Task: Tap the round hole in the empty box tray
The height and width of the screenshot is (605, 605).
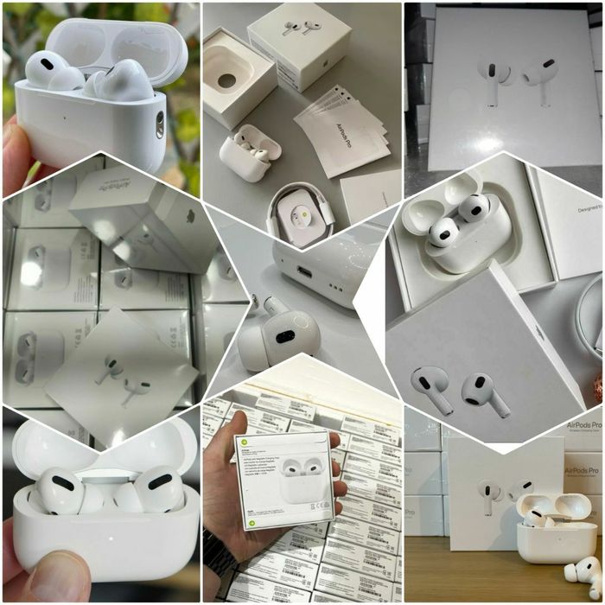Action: pyautogui.click(x=227, y=80)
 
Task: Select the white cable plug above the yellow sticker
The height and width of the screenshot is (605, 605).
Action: pyautogui.click(x=298, y=197)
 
